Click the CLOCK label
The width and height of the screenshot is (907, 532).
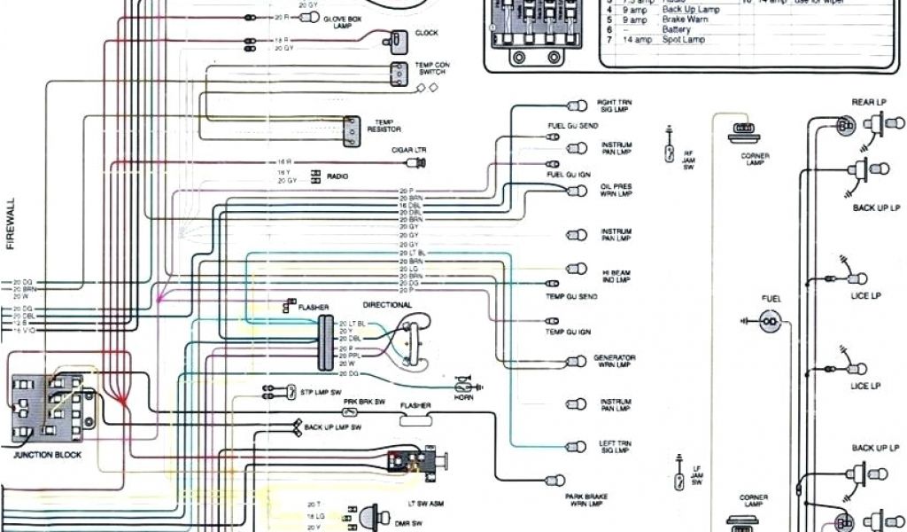click(426, 34)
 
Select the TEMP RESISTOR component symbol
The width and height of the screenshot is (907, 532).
click(353, 130)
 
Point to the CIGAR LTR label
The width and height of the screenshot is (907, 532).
click(409, 150)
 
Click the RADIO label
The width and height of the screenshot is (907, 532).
click(337, 176)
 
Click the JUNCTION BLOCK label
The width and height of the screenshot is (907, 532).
click(47, 455)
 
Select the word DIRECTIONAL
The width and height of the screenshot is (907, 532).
click(387, 305)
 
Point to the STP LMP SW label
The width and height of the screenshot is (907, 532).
click(321, 391)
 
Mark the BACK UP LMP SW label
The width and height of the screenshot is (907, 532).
click(332, 427)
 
